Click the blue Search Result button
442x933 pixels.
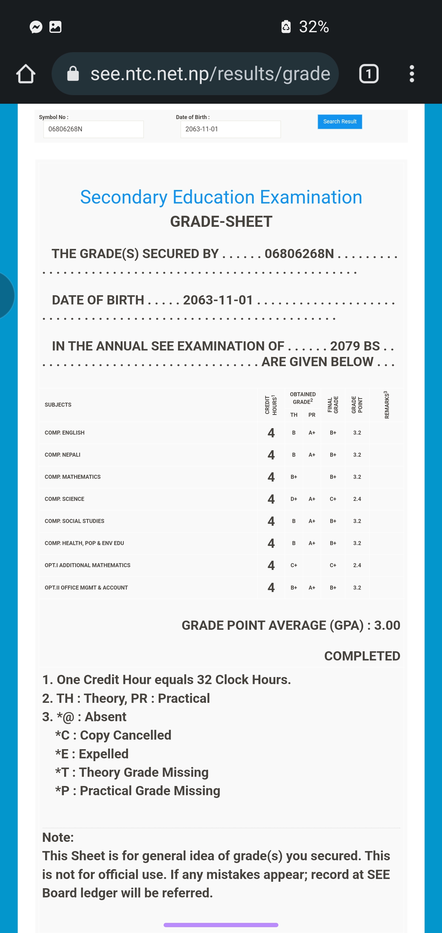[x=339, y=122]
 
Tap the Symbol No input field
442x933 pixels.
[x=94, y=129]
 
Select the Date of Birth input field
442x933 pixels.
[x=231, y=129]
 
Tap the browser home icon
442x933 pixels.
[x=26, y=74]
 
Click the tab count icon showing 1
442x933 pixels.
[x=368, y=74]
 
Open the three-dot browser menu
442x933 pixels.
[x=412, y=74]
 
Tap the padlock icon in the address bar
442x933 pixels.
[x=73, y=74]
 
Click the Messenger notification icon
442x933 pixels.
[x=36, y=27]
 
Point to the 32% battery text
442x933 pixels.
[x=314, y=27]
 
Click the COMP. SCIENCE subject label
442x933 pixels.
[x=64, y=499]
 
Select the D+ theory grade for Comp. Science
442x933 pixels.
[x=294, y=499]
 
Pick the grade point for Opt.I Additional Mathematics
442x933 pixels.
[x=357, y=565]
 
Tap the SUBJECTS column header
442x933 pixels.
[x=58, y=405]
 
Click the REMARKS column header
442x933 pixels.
[x=386, y=405]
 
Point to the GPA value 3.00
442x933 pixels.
[x=387, y=625]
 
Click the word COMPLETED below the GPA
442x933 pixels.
[x=362, y=656]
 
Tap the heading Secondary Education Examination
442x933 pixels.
[x=221, y=197]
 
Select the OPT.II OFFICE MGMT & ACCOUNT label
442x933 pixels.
[x=86, y=587]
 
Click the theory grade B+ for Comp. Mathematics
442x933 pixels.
[x=294, y=477]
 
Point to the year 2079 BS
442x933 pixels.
[x=355, y=346]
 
